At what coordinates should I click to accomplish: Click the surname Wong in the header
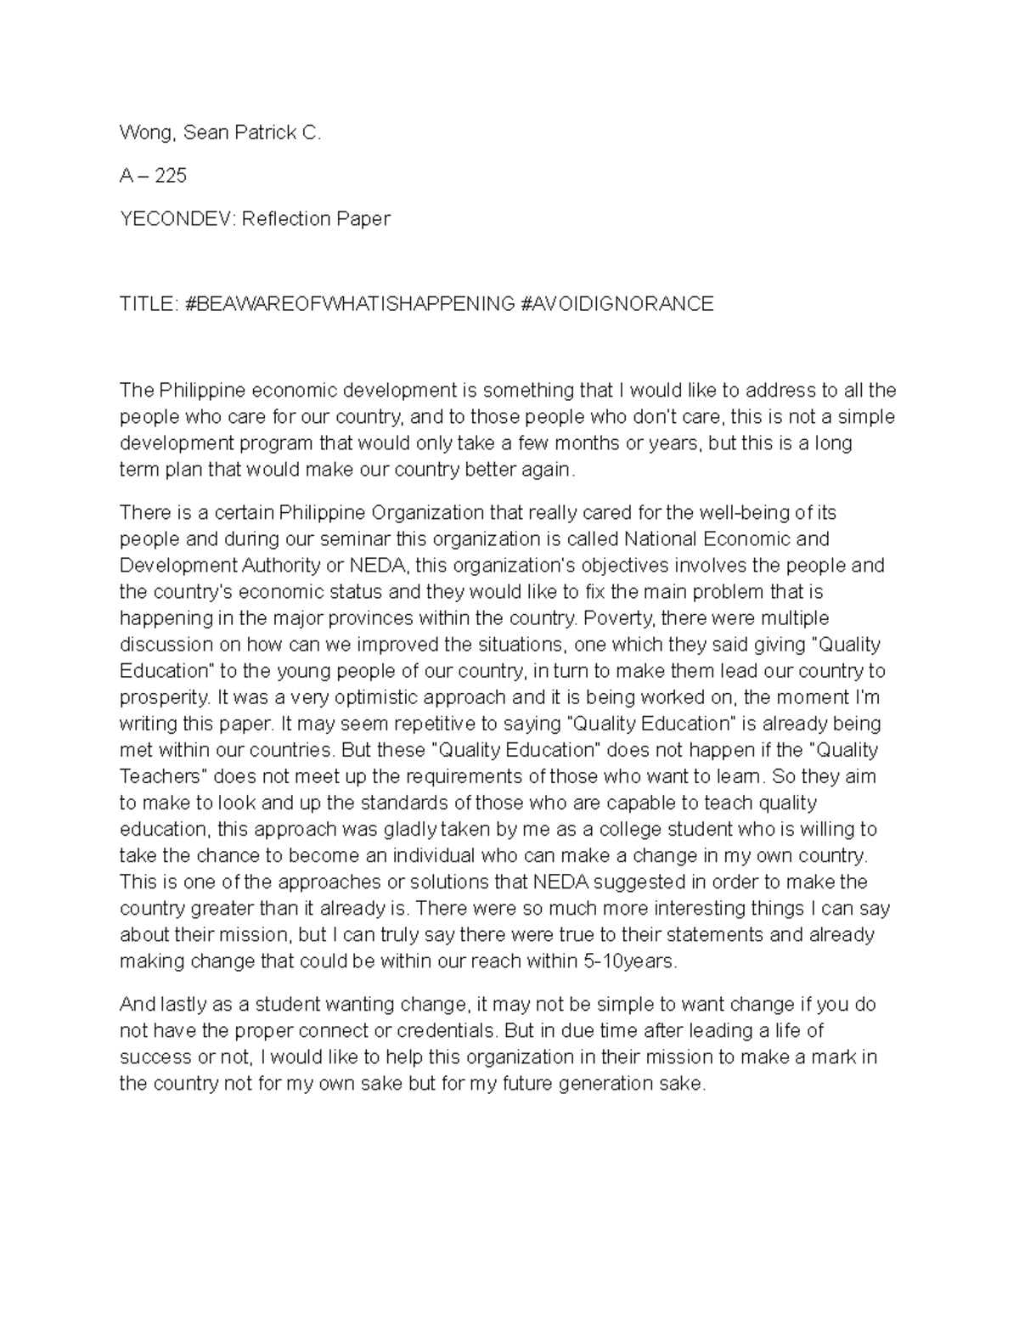tap(144, 133)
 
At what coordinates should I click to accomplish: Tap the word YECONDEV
tap(177, 219)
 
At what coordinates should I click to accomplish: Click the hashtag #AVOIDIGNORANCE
tap(617, 304)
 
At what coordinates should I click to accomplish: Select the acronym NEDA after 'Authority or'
tap(383, 566)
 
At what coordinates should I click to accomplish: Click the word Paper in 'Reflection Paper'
tap(363, 219)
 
